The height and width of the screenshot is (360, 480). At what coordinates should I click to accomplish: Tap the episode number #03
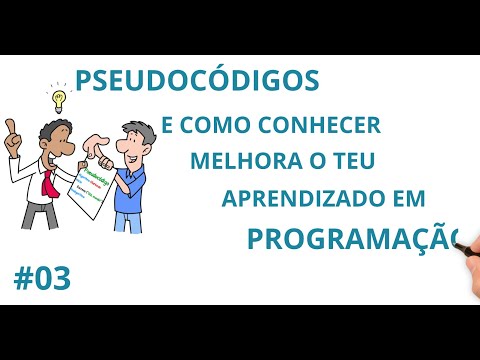pyautogui.click(x=42, y=279)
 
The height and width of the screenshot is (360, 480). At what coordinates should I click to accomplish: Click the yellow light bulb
pyautogui.click(x=58, y=98)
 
